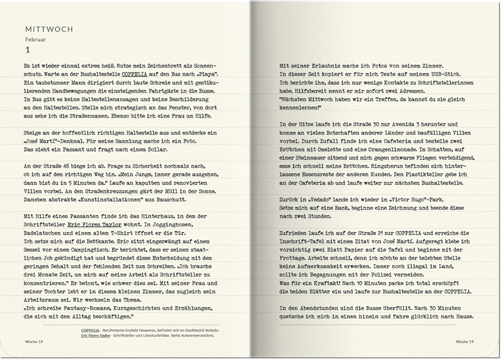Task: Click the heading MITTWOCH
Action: [48, 29]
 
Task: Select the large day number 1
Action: [27, 50]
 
